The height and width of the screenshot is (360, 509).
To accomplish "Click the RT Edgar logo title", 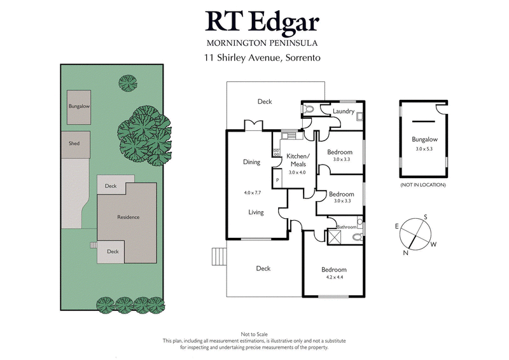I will pyautogui.click(x=261, y=21).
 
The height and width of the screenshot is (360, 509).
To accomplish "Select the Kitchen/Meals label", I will pyautogui.click(x=298, y=160).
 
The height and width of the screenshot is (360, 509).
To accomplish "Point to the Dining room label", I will pyautogui.click(x=252, y=162).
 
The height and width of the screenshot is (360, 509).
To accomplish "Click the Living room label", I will pyautogui.click(x=256, y=212).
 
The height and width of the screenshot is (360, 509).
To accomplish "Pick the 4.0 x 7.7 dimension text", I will pyautogui.click(x=253, y=193).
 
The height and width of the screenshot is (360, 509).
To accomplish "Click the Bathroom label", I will pyautogui.click(x=346, y=227).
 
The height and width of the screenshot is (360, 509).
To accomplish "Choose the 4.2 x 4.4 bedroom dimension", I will pyautogui.click(x=334, y=277).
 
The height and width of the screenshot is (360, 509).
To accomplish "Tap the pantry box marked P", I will pyautogui.click(x=277, y=180).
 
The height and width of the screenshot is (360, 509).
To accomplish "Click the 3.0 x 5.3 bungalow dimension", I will pyautogui.click(x=423, y=149).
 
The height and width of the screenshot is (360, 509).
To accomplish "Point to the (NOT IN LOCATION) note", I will pyautogui.click(x=423, y=184).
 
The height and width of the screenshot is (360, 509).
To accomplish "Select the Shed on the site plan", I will pyautogui.click(x=74, y=144).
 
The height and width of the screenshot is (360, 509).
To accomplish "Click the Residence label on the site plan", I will pyautogui.click(x=128, y=218).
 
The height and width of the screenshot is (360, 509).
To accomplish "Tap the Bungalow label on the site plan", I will pyautogui.click(x=79, y=107).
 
